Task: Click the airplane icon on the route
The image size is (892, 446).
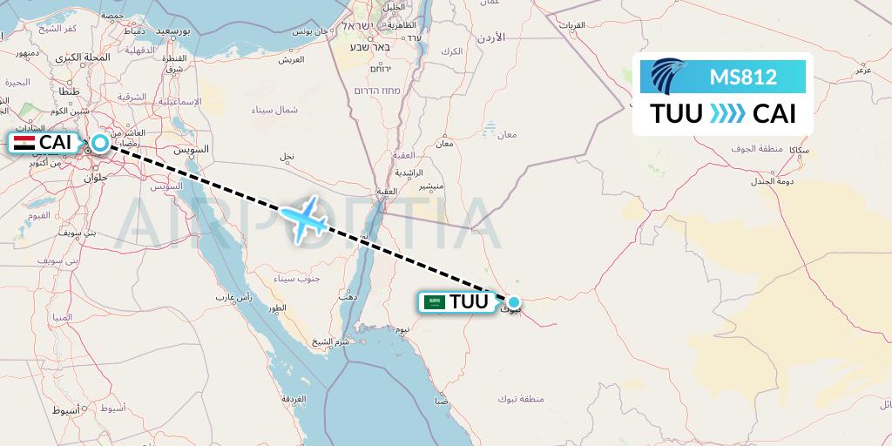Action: (305, 220)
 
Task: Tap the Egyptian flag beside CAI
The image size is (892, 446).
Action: (25, 143)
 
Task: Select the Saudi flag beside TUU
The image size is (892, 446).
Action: (435, 302)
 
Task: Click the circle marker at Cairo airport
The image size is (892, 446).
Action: (100, 143)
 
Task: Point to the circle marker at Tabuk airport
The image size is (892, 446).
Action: (514, 303)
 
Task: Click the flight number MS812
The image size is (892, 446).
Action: (742, 77)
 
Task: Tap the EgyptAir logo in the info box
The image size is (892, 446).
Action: (670, 77)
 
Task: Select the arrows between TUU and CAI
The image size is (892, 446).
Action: (727, 114)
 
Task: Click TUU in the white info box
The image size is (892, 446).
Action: (676, 114)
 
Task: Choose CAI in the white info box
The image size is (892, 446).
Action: (774, 114)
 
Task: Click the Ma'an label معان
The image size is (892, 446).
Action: (506, 134)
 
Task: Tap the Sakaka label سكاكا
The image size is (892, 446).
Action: (798, 150)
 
